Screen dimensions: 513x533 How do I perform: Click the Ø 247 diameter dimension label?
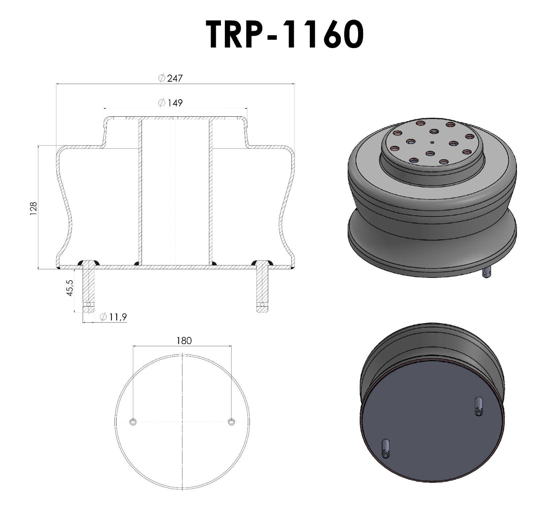171,78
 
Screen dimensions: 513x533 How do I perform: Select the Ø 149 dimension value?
171,103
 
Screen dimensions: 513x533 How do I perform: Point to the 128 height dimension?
33,208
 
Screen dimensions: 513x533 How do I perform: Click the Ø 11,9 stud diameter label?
113,317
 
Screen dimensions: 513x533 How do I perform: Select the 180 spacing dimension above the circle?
184,341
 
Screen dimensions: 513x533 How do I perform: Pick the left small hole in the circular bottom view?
133,422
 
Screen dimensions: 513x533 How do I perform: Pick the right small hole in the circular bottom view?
231,422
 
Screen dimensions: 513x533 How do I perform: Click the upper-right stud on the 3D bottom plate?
478,406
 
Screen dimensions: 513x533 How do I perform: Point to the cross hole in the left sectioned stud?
89,304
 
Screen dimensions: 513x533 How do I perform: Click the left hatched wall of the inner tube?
140,190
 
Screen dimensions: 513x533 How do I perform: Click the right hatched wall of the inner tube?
211,190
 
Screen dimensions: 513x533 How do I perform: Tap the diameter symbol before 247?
162,78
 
